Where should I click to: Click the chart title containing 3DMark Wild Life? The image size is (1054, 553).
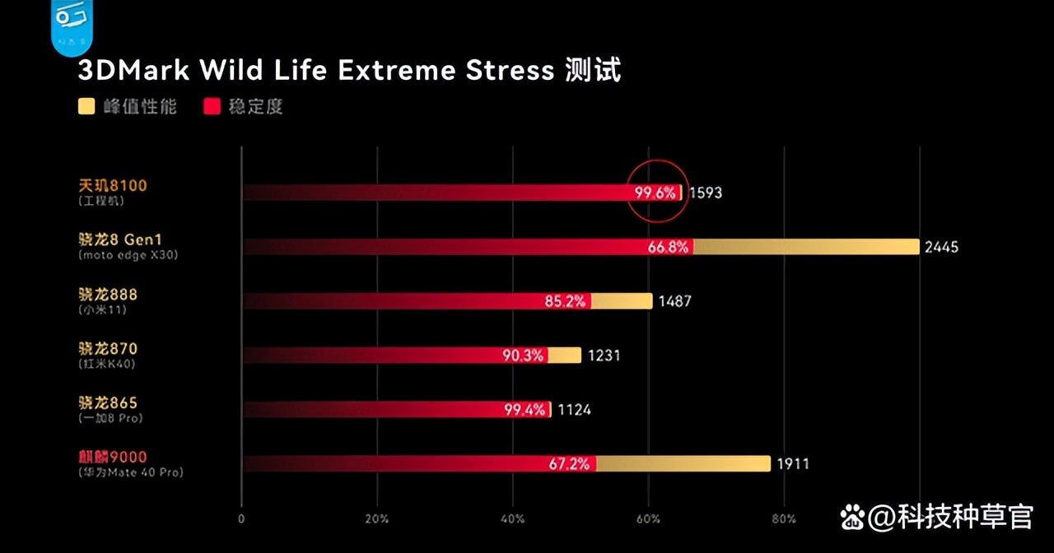[349, 71]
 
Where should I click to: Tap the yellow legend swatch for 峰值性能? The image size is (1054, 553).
[86, 107]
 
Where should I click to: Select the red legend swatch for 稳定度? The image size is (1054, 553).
[212, 107]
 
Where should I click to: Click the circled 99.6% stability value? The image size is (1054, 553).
[655, 193]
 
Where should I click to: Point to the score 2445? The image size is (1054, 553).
[942, 247]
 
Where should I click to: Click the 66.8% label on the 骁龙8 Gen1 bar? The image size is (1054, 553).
[668, 247]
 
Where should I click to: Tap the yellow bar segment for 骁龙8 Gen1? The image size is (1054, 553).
[806, 247]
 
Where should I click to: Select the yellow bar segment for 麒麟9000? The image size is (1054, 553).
[683, 464]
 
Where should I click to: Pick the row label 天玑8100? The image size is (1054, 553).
[112, 186]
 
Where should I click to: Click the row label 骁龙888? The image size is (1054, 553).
[107, 295]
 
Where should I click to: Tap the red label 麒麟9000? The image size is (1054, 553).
[112, 457]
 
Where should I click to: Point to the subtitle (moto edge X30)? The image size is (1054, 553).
[128, 255]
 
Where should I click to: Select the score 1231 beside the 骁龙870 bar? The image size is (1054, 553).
[604, 355]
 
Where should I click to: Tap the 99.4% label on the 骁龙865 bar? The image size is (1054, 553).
[525, 410]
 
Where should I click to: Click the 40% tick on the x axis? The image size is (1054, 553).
[512, 519]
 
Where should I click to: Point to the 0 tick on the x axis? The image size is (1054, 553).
[241, 519]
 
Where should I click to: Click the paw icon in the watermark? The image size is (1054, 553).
[853, 518]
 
